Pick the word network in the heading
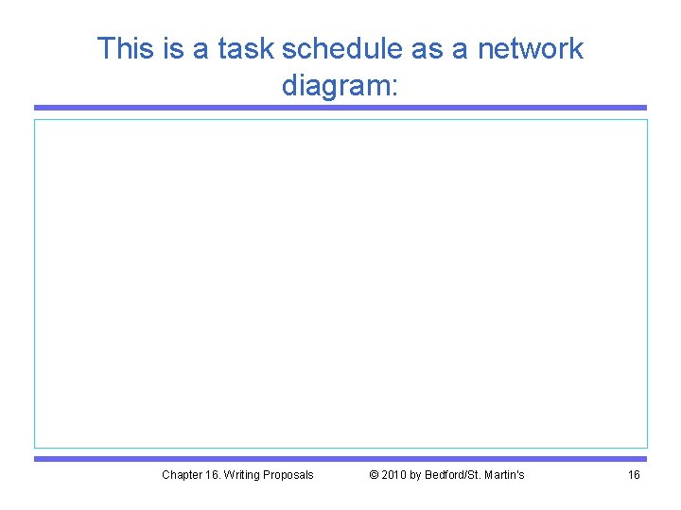click(x=533, y=48)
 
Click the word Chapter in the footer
click(x=182, y=474)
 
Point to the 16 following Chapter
click(x=213, y=474)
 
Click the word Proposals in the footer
click(x=289, y=474)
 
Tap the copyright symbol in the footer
click(x=374, y=474)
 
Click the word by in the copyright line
click(x=417, y=474)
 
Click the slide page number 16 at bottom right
click(x=634, y=474)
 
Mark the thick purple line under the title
click(x=340, y=108)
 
